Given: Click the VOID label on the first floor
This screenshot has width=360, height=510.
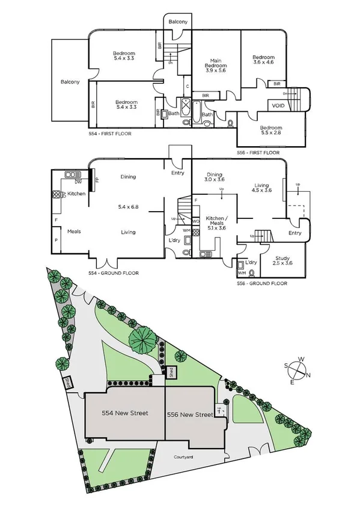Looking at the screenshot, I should click(278, 105).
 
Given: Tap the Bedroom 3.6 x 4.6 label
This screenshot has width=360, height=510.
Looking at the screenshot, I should click(263, 59).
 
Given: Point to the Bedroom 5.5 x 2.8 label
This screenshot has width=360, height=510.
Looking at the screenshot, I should click(271, 131).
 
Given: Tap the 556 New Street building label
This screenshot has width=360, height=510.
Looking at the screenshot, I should click(191, 414).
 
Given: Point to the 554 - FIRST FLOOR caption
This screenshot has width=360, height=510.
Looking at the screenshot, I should click(109, 134).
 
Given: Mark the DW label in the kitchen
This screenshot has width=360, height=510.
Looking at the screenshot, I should click(78, 182).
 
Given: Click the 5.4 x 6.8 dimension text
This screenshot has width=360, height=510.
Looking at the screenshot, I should click(127, 205).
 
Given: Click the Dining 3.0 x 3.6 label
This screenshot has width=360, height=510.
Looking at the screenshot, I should click(215, 176).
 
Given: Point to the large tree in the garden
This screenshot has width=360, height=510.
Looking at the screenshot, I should click(142, 340).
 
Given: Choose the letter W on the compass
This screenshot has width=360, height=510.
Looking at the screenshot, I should click(302, 359).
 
